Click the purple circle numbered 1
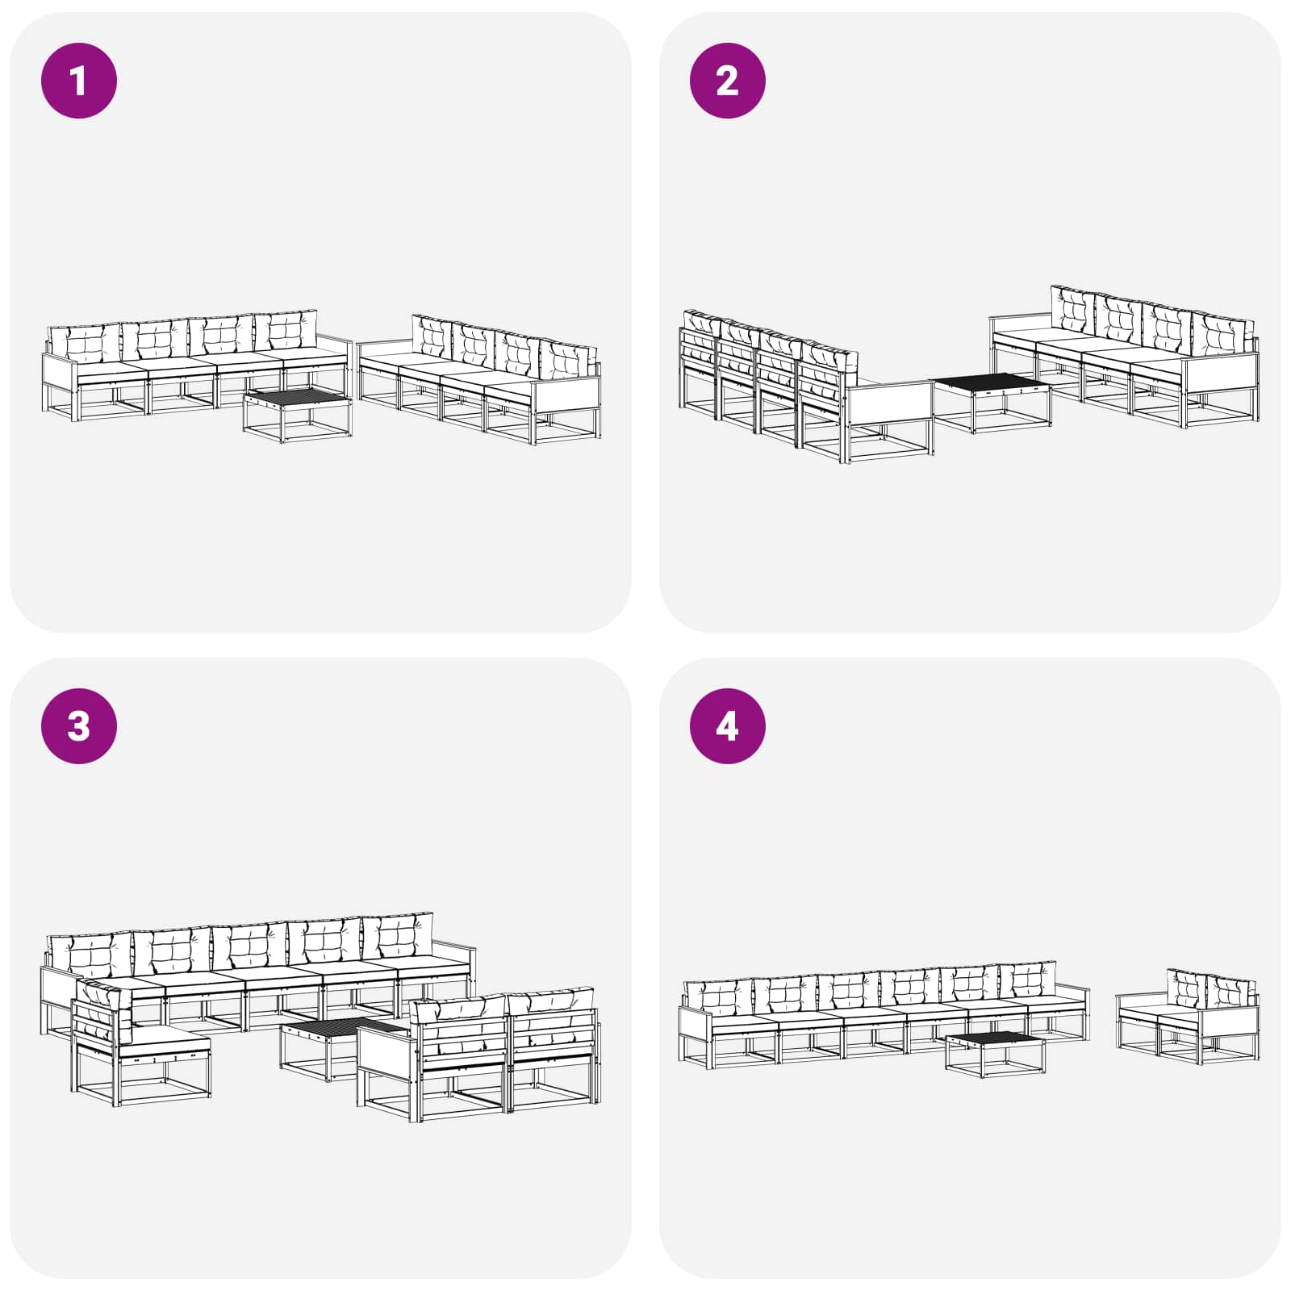(x=79, y=81)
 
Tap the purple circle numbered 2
(x=727, y=81)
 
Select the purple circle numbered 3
(x=79, y=726)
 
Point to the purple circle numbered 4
(x=727, y=726)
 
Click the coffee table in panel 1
(x=298, y=413)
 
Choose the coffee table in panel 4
(x=995, y=1054)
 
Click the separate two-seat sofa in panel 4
(x=1187, y=1017)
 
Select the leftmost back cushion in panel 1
(x=84, y=344)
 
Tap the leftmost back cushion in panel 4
(x=718, y=997)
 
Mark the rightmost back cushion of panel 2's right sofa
(x=1222, y=333)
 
